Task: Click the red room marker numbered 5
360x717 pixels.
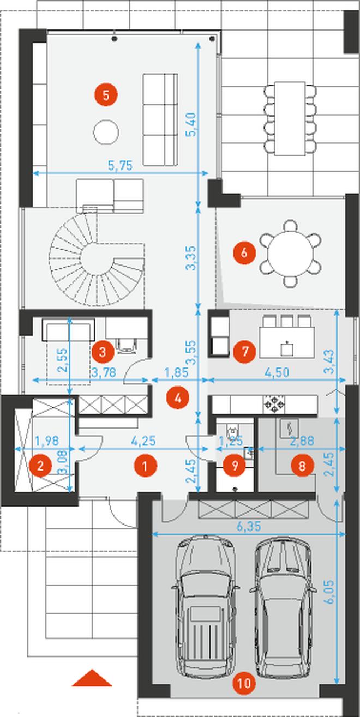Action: pyautogui.click(x=106, y=95)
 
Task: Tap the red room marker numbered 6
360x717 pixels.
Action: pyautogui.click(x=244, y=253)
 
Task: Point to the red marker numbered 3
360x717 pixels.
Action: pyautogui.click(x=103, y=352)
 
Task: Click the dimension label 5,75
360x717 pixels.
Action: pyautogui.click(x=120, y=166)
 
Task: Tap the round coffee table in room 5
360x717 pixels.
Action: pyautogui.click(x=106, y=132)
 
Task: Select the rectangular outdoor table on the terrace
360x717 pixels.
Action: pyautogui.click(x=290, y=119)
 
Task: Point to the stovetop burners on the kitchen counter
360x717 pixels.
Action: pyautogui.click(x=274, y=404)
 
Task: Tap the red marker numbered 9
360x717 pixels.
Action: pyautogui.click(x=235, y=466)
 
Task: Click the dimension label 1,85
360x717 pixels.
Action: pyautogui.click(x=176, y=372)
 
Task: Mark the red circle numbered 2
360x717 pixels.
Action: pyautogui.click(x=40, y=466)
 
